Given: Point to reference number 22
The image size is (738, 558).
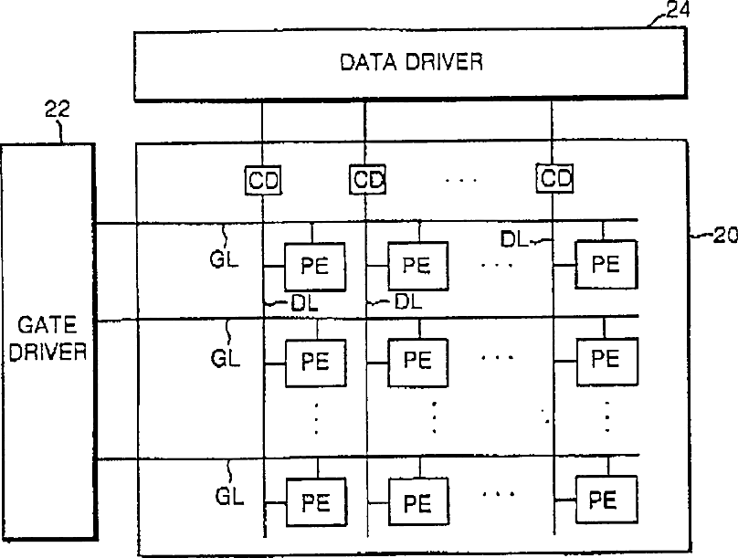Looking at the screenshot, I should [57, 111].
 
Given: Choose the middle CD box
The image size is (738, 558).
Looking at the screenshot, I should [368, 180].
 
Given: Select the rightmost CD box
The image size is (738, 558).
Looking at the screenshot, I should [554, 180].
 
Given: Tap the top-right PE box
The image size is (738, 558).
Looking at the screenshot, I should [604, 263].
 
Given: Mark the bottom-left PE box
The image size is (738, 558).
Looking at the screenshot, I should [315, 501].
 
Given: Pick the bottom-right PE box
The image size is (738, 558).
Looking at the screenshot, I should [603, 500].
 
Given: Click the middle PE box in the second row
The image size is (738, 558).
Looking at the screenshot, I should [417, 359].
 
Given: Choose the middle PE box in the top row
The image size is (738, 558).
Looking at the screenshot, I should [417, 265].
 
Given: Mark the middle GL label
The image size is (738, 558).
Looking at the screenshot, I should [225, 358].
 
